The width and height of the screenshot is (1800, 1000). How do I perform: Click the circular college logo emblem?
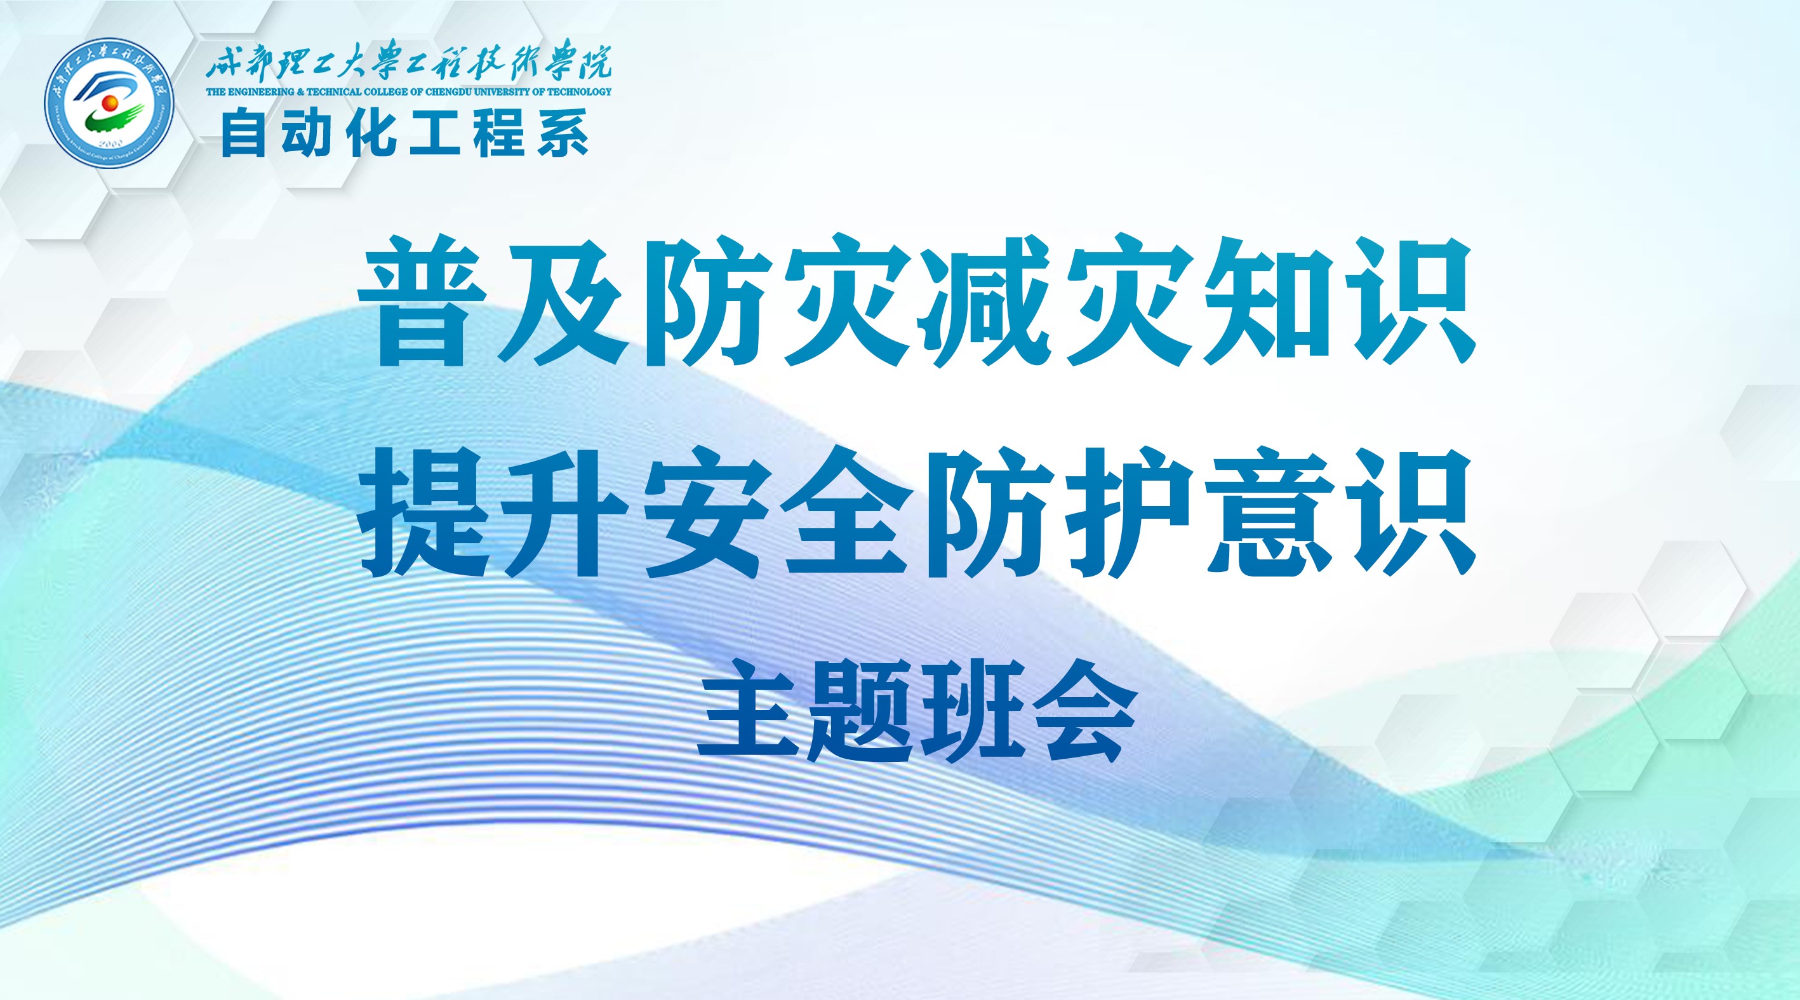pyautogui.click(x=109, y=102)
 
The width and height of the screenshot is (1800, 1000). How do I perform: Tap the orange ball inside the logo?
pyautogui.click(x=110, y=103)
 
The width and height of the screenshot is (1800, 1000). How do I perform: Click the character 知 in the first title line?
pyautogui.click(x=1267, y=302)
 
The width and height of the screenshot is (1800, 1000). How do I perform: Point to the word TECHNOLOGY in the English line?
pyautogui.click(x=579, y=91)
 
